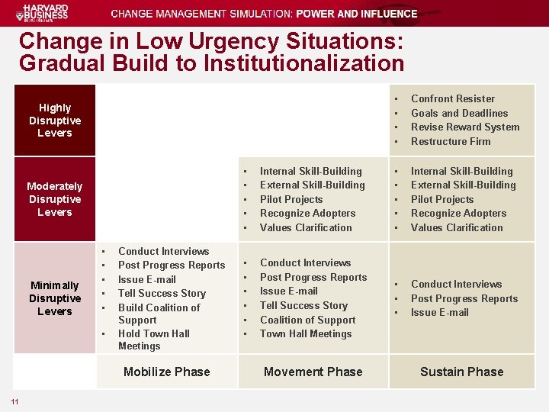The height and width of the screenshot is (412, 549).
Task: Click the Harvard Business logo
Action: (x=46, y=13)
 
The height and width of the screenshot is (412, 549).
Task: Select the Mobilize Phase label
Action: (x=166, y=372)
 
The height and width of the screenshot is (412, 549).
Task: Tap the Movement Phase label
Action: (x=313, y=372)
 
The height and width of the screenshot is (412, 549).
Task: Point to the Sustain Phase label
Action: (x=462, y=372)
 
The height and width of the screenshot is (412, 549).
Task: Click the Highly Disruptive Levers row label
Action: (x=55, y=121)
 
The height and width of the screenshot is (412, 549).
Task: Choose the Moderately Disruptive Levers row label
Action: (x=55, y=199)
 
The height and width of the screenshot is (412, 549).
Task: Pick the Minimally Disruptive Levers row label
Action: (x=55, y=298)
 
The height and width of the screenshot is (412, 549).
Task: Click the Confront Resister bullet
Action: (x=453, y=98)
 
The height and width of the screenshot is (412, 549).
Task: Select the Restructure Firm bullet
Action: (x=451, y=141)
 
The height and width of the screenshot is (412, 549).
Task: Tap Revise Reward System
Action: (x=465, y=127)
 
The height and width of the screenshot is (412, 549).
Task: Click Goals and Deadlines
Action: (x=459, y=113)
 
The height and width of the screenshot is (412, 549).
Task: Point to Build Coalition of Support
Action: (x=159, y=314)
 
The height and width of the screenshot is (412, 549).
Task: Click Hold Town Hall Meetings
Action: (x=153, y=340)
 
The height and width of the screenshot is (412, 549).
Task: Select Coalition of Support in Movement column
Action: (x=308, y=320)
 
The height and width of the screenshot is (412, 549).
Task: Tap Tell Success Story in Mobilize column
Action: (x=162, y=293)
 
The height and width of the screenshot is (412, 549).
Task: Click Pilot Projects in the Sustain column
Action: (x=442, y=199)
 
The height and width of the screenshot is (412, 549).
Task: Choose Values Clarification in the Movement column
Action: (x=306, y=227)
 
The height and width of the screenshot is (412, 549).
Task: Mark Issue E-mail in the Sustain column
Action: (x=440, y=312)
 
